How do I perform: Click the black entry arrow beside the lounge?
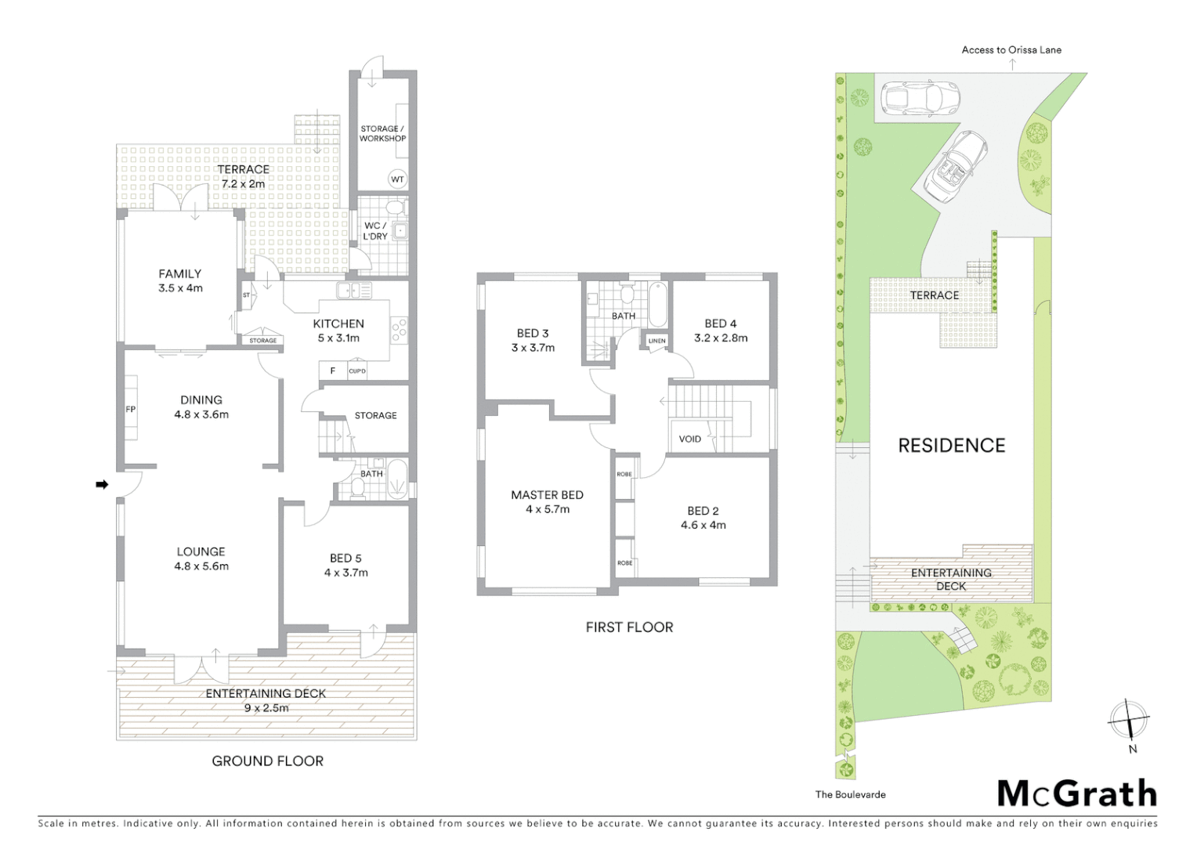coord(101,485)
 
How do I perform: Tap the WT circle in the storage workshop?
coord(397,179)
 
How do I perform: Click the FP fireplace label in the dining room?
coord(131,409)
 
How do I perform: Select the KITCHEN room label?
coord(338,324)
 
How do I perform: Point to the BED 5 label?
coord(345,558)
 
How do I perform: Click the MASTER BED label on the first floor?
coord(547,495)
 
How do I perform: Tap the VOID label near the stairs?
coord(689,439)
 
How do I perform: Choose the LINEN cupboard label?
coord(656,341)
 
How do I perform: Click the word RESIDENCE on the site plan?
coord(951,446)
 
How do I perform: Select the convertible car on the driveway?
coord(955,165)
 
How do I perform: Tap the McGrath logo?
coord(1076,794)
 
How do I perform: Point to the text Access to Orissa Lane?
coord(1011,50)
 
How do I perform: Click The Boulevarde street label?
coord(850,794)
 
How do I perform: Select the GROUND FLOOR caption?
coord(267,761)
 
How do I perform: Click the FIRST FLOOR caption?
coord(629,627)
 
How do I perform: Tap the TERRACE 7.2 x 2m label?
coord(243,176)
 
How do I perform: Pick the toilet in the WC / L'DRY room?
coord(396,208)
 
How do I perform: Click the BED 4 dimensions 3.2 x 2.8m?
coord(721,338)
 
